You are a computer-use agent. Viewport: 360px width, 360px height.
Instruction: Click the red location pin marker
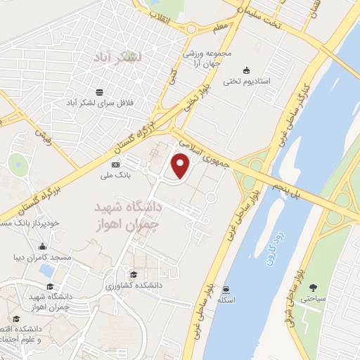tap(181, 166)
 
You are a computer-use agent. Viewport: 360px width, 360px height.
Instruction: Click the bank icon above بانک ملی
tap(115, 165)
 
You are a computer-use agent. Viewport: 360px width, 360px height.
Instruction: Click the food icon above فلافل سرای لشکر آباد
tap(100, 93)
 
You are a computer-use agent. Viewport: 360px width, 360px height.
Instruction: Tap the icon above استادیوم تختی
tap(246, 70)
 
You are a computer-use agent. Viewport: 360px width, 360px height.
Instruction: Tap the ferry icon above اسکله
tap(225, 289)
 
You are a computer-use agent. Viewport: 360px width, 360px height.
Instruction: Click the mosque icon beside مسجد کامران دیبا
tap(43, 247)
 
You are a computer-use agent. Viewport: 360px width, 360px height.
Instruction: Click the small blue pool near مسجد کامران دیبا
tap(47, 270)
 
